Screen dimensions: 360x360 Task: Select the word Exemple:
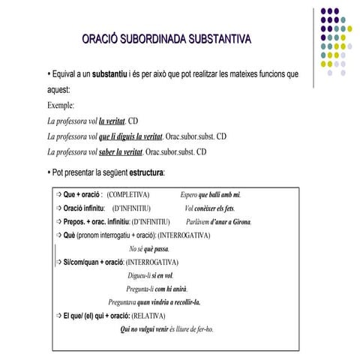pos(61,106)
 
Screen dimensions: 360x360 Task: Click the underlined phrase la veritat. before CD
pos(113,121)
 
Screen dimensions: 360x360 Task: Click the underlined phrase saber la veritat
pos(121,152)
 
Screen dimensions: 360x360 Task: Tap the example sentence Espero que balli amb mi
pos(211,195)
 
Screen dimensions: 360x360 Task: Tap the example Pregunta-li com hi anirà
pos(157,289)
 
